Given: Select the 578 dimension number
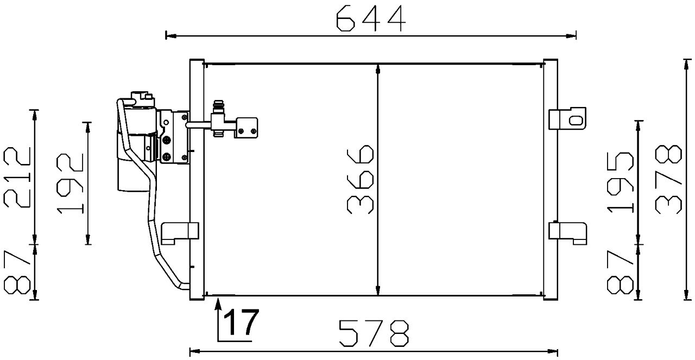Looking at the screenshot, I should coord(374,333).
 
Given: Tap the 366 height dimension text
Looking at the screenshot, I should coord(360,179).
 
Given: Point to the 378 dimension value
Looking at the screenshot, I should coord(668,179).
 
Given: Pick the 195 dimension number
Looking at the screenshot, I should coord(621,182).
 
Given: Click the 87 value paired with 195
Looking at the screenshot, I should coord(621,271).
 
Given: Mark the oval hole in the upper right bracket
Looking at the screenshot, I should coord(577,118).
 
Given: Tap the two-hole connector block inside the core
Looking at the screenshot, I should coord(247,127).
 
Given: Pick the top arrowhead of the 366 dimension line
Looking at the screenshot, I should coord(378,68).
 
